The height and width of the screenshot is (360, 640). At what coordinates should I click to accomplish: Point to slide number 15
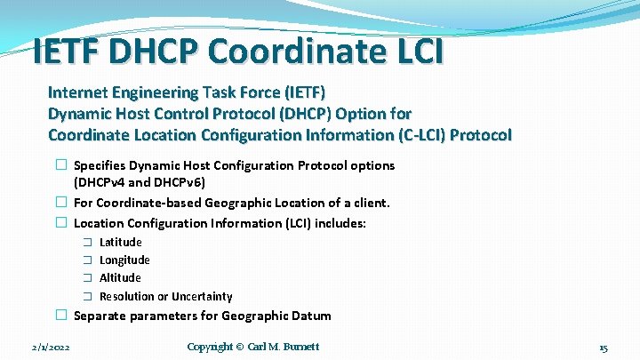603,348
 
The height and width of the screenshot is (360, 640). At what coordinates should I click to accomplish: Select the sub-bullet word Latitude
120,243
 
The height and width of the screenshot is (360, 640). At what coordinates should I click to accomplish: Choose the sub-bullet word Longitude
124,260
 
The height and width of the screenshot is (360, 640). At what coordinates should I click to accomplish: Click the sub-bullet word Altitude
120,278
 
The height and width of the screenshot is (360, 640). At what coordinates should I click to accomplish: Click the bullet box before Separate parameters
60,316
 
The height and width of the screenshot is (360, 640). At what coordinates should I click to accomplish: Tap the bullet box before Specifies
60,165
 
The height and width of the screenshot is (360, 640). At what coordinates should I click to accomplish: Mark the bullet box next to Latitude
88,243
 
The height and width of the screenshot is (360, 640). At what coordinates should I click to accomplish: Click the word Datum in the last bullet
312,316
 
